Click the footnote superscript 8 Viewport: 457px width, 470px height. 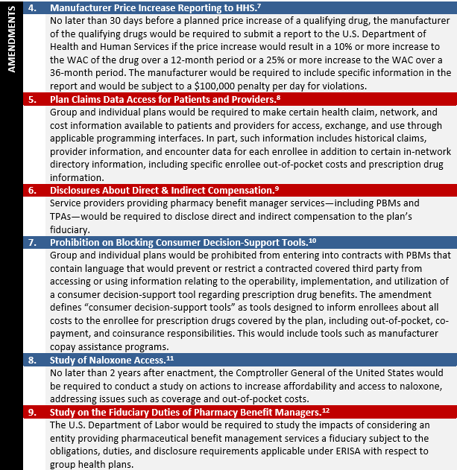tap(277, 98)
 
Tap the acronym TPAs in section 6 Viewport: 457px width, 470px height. tap(61, 216)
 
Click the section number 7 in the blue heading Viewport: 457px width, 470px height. tap(32, 242)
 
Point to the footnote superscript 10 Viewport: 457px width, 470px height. tap(312, 241)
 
